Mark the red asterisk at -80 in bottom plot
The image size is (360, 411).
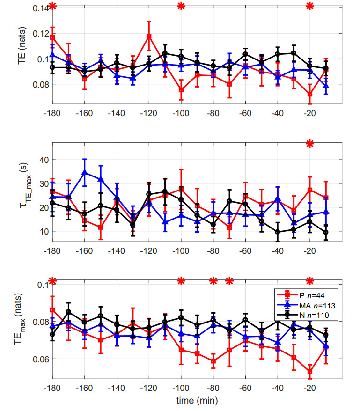click(x=213, y=281)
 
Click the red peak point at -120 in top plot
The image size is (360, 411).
click(x=149, y=36)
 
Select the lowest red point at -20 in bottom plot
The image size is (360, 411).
click(x=309, y=372)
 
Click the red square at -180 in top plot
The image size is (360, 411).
click(x=52, y=37)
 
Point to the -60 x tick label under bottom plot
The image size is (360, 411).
click(x=245, y=388)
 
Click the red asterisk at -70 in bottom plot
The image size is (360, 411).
click(x=229, y=281)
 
